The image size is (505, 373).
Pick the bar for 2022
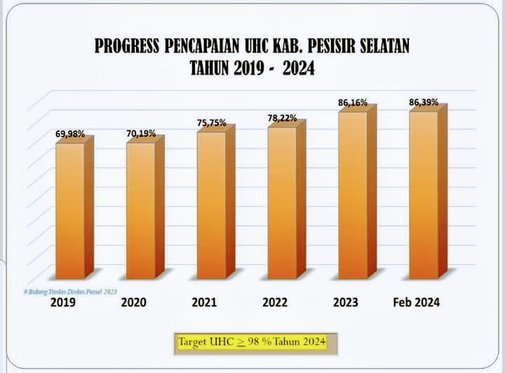(x=282, y=201)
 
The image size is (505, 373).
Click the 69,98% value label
(x=70, y=133)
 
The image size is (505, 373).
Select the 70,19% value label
(x=141, y=133)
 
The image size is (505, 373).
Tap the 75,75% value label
(x=211, y=123)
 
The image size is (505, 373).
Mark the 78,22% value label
(x=282, y=118)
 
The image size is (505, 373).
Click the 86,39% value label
(x=424, y=102)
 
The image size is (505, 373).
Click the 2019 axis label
(x=63, y=303)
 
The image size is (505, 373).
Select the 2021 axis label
(x=205, y=303)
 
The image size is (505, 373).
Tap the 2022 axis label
(x=276, y=303)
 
